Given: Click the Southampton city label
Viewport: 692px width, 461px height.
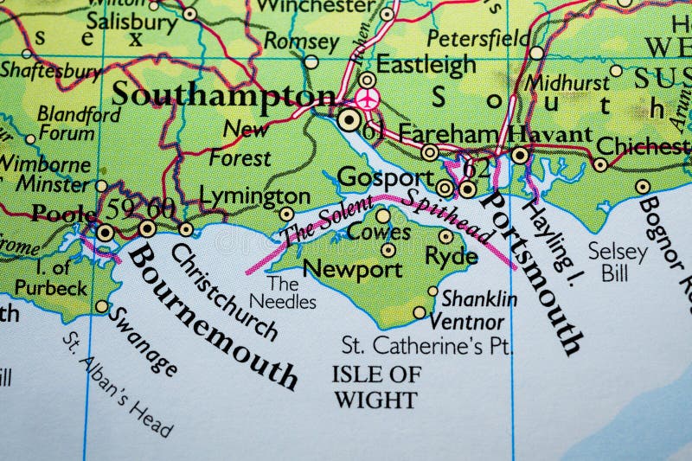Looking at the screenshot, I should [x=223, y=94].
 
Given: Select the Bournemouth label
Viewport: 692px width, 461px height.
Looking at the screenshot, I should [x=213, y=316].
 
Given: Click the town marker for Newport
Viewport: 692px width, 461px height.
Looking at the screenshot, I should [x=388, y=250].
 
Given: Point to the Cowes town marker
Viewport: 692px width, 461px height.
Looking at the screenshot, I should [x=382, y=215].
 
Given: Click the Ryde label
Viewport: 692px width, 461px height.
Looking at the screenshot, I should [x=451, y=256].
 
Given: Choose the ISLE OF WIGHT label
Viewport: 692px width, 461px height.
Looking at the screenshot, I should [x=375, y=387].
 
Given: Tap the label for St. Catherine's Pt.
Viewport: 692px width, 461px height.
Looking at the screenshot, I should [x=427, y=346].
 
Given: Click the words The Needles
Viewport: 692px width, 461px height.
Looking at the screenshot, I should [x=283, y=292].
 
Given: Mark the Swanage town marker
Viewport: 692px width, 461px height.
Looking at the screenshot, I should [x=102, y=306].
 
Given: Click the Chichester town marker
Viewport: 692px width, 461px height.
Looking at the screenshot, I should [x=599, y=164].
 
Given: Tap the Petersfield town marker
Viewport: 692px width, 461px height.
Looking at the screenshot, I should [x=536, y=53].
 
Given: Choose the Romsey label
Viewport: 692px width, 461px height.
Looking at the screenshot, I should [x=301, y=41].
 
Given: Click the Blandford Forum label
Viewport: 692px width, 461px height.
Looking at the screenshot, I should [x=67, y=123].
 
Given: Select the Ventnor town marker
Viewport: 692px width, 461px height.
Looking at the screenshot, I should [x=420, y=312].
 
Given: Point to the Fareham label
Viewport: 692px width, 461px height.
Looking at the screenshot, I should [x=450, y=134].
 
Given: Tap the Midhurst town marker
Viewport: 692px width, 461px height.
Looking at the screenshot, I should [x=616, y=71].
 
